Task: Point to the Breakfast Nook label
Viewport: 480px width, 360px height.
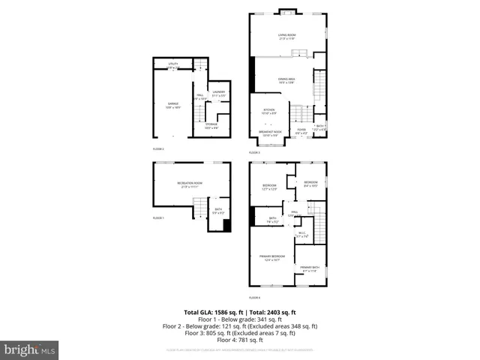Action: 269,133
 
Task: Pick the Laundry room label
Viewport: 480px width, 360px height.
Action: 218,94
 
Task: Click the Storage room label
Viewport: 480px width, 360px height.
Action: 211,125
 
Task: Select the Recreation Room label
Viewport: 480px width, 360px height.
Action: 190,184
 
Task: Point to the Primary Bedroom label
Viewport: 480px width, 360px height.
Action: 271,258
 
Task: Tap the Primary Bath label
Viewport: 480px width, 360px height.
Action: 309,268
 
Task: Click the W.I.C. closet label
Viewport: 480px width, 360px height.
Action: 302,235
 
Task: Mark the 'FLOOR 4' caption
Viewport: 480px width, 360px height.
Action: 255,298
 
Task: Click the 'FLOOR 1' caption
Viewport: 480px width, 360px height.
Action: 158,218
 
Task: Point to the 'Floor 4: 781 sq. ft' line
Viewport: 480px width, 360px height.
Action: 240,340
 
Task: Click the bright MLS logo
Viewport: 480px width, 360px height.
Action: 30,349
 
